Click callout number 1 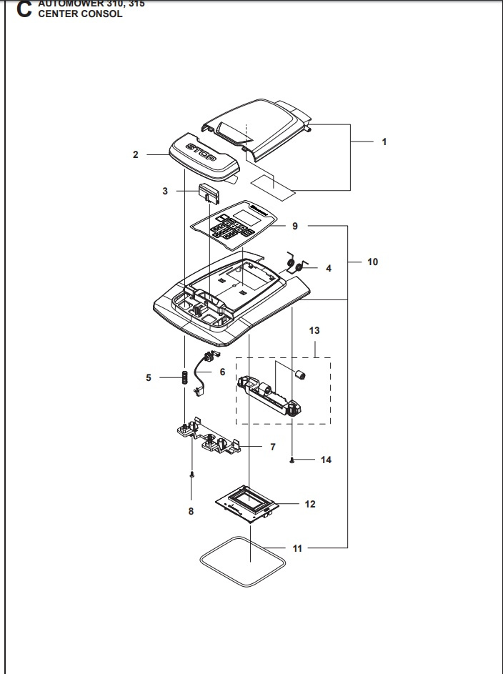[384, 142]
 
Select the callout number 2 [136, 154]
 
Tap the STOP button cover [204, 157]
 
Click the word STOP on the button [204, 152]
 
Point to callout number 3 [165, 191]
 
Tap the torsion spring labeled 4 [293, 264]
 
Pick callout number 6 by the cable [222, 372]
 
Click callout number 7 [273, 447]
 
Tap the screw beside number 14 [294, 460]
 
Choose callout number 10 [372, 262]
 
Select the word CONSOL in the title [104, 14]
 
